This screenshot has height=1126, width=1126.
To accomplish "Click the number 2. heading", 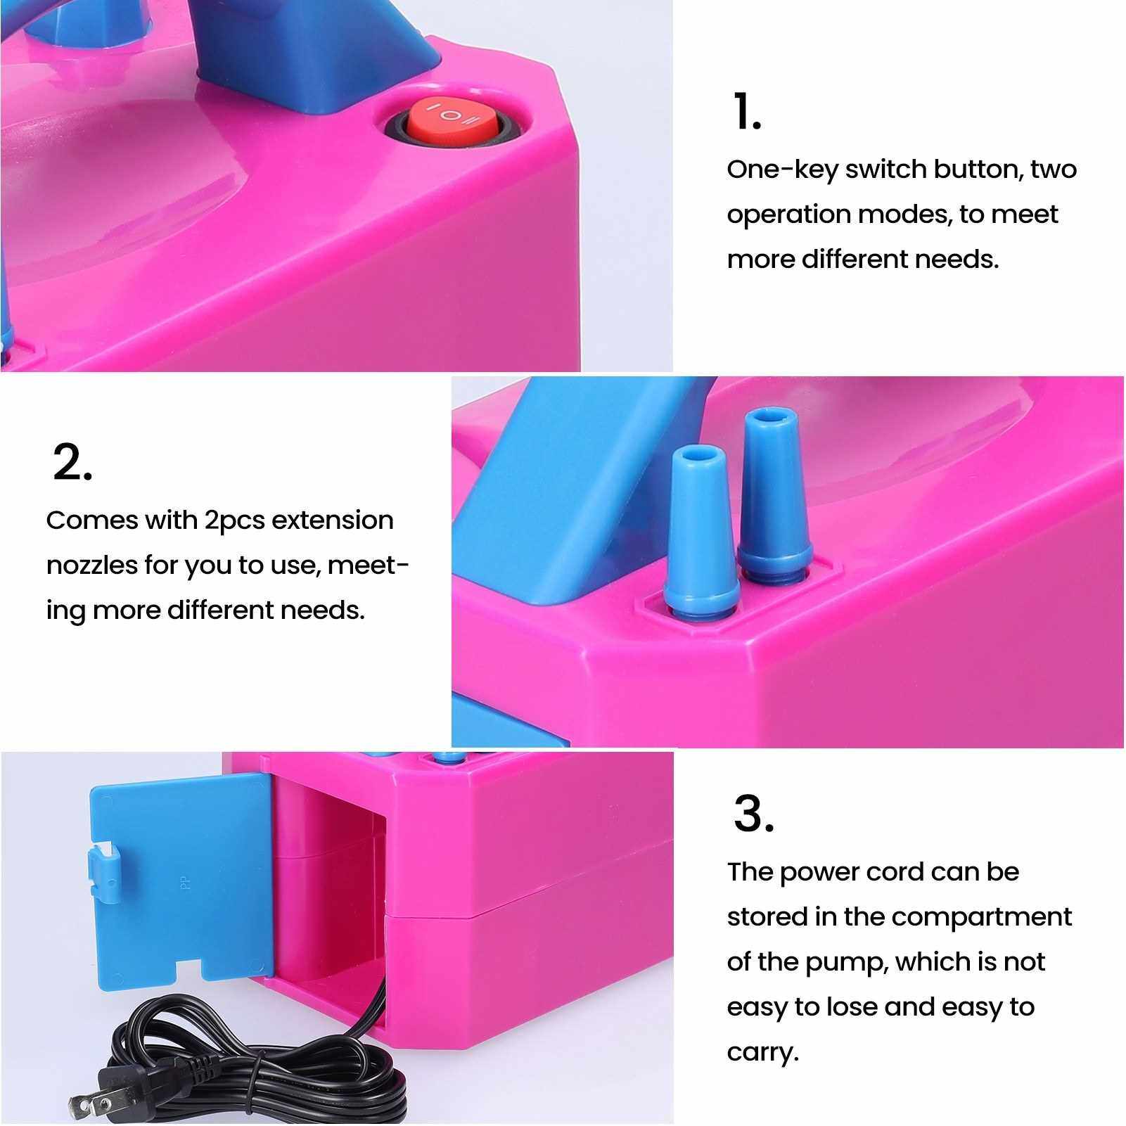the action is coord(72,462).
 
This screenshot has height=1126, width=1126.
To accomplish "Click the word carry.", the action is coord(763,1054).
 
